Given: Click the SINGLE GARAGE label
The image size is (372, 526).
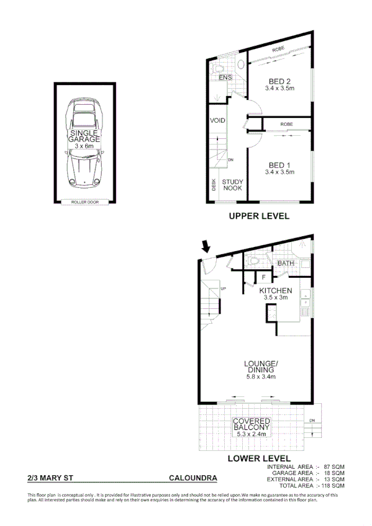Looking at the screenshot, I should coord(85,136).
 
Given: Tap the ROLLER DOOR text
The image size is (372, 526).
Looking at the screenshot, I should coord(84,202).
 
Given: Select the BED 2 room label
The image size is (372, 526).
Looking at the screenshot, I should coord(280,82).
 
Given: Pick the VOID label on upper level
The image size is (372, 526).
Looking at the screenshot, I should coord(217,120).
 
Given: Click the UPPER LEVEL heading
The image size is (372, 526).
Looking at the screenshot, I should coord(259,216).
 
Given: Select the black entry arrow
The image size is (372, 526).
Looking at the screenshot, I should coord(206,247).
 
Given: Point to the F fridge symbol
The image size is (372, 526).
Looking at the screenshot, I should coord(263,277).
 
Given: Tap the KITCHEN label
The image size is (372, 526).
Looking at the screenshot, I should coord(275,290).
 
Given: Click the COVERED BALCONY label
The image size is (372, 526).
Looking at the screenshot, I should coord(251,426).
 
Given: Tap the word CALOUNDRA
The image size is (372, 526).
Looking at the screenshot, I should coord(193,478).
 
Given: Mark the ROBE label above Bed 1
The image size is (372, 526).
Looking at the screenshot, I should coord(286,125).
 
